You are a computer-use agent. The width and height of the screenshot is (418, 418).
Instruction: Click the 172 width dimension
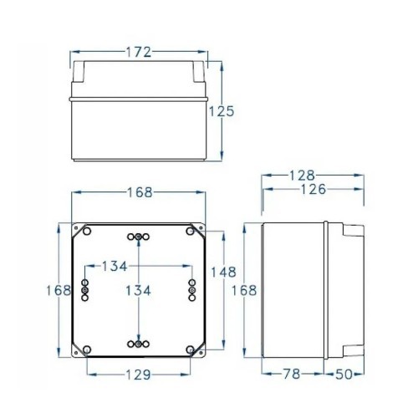click(x=139, y=52)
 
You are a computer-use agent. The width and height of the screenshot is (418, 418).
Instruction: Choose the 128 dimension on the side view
click(x=302, y=176)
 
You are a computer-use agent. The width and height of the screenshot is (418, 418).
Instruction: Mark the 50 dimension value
click(x=350, y=374)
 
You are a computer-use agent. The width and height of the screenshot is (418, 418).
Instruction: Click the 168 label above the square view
click(x=139, y=192)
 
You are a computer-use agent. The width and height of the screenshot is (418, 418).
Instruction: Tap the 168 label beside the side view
click(x=243, y=290)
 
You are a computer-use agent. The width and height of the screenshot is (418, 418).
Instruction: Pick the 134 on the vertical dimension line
click(x=139, y=290)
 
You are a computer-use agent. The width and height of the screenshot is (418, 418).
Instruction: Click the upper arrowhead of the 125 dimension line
click(x=222, y=64)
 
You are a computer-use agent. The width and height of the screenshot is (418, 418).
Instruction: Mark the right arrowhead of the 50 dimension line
click(x=362, y=374)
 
